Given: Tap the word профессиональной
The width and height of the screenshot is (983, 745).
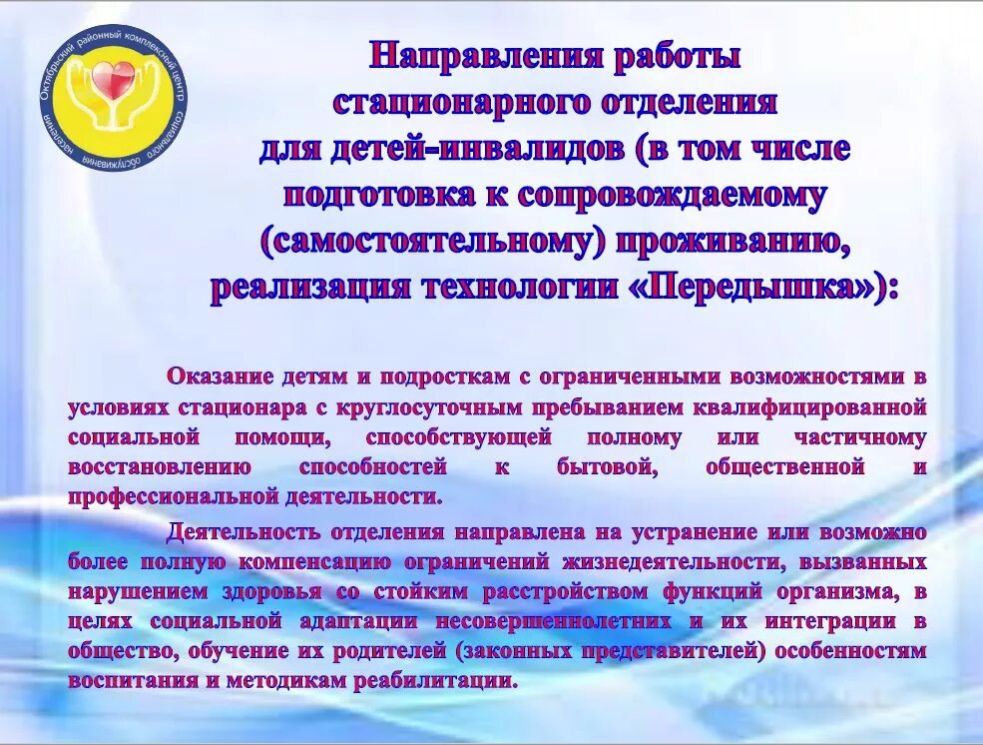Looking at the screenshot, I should [x=171, y=497].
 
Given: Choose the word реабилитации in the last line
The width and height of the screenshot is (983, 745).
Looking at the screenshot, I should [x=450, y=682].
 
